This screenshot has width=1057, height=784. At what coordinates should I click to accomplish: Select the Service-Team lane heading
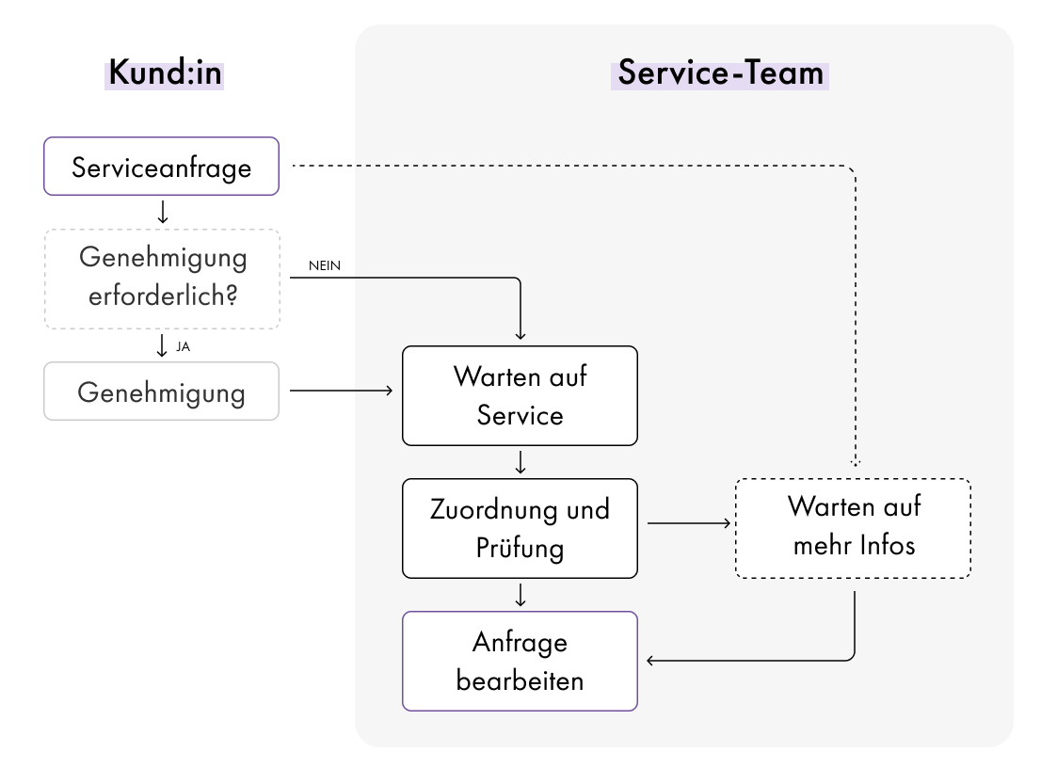[720, 72]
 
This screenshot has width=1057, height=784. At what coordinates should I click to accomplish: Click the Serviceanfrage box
[162, 167]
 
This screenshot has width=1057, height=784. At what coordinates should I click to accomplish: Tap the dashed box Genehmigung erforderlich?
[162, 279]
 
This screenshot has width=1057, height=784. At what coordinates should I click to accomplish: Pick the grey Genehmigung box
[162, 391]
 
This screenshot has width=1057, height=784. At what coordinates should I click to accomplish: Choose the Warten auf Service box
[520, 395]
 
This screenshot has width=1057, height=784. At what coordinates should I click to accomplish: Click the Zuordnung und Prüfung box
[520, 528]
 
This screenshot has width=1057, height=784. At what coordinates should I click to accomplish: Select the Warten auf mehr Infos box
[853, 528]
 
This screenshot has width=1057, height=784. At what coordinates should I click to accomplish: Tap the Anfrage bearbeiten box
[520, 661]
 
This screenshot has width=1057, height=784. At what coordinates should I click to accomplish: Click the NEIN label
[325, 266]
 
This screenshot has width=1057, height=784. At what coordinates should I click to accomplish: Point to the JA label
[184, 346]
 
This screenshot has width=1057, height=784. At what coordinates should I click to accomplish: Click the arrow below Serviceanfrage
[162, 213]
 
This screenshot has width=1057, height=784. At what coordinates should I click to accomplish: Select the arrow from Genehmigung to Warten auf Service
[341, 390]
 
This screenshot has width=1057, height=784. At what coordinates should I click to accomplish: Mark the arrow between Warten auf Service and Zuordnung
[520, 462]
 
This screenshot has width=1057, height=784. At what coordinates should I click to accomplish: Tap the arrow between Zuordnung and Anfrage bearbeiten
[520, 595]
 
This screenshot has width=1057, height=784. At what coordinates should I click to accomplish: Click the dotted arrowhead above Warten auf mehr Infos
[855, 462]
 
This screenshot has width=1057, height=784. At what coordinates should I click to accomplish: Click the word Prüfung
[520, 548]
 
